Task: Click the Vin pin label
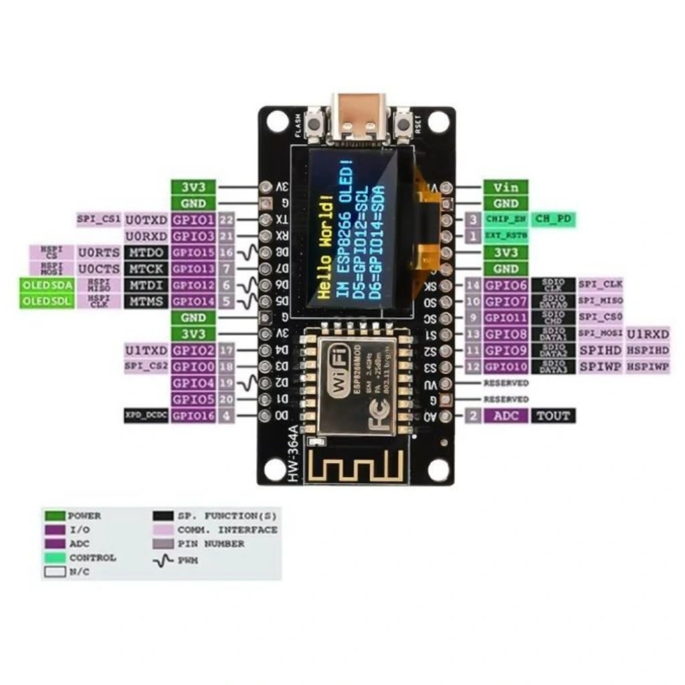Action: coord(506,187)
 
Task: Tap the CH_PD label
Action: coord(553,219)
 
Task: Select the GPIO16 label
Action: coord(193,415)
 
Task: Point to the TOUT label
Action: coord(553,415)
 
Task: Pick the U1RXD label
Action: coord(648,334)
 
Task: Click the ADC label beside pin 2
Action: coord(506,415)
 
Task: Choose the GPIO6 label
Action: coord(506,285)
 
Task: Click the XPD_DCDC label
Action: coord(146,415)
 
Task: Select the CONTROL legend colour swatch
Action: coord(56,557)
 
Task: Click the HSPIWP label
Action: coord(648,367)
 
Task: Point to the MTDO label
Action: coord(146,252)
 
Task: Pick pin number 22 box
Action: coord(226,219)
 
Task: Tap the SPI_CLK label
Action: coord(600,285)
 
